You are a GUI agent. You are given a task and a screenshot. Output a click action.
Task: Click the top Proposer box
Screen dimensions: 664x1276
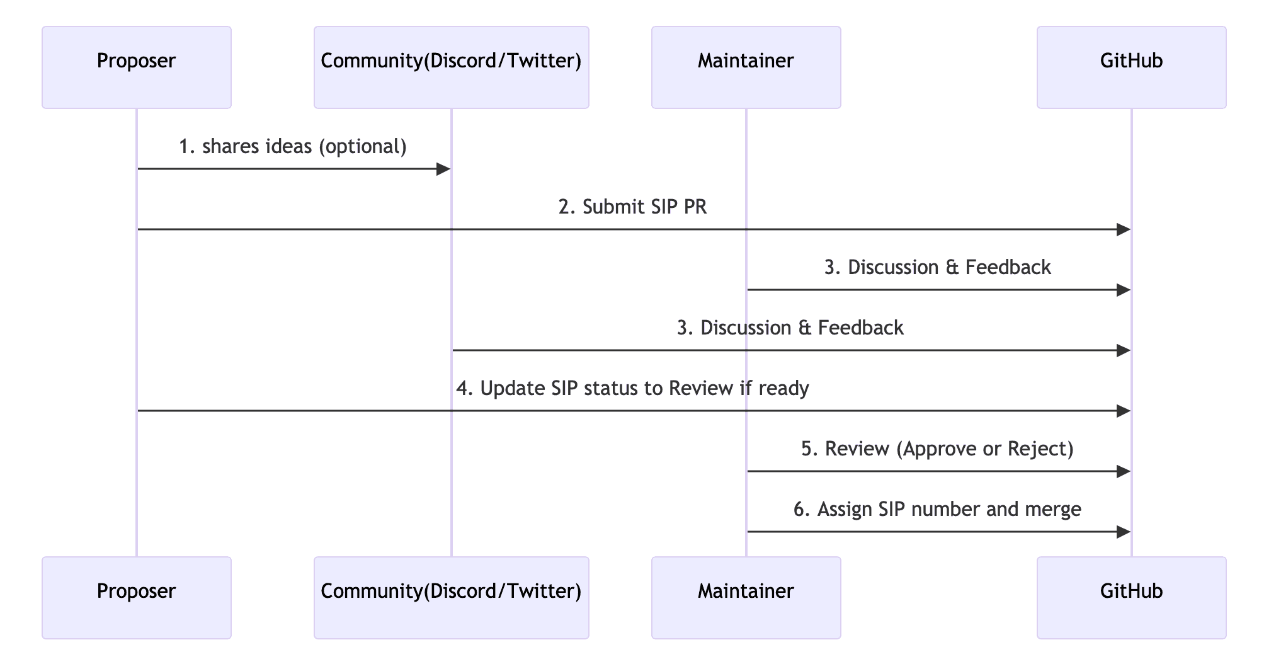pyautogui.click(x=136, y=67)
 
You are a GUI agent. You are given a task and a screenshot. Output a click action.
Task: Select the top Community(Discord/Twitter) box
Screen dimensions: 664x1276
pyautogui.click(x=451, y=67)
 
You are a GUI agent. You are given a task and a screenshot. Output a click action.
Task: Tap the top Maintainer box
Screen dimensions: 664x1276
pyautogui.click(x=746, y=67)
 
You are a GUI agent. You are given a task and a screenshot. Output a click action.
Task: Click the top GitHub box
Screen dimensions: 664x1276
pyautogui.click(x=1131, y=67)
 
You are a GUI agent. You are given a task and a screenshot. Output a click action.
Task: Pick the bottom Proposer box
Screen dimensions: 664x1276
pyautogui.click(x=136, y=597)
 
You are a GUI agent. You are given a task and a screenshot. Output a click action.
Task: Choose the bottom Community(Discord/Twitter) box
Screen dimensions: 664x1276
pyautogui.click(x=451, y=597)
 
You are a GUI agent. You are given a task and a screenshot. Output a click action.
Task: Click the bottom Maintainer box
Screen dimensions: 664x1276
pyautogui.click(x=746, y=597)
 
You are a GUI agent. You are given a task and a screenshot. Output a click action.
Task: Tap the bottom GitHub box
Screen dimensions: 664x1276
pyautogui.click(x=1131, y=597)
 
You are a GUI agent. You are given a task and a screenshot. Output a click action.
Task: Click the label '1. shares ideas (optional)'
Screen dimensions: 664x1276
pyautogui.click(x=293, y=147)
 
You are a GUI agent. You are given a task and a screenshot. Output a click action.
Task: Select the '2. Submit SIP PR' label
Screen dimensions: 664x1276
pyautogui.click(x=632, y=207)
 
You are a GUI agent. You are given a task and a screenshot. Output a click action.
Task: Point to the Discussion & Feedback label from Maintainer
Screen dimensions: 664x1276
pyautogui.click(x=937, y=268)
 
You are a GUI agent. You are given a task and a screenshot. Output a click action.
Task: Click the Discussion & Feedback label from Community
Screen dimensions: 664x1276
pyautogui.click(x=790, y=328)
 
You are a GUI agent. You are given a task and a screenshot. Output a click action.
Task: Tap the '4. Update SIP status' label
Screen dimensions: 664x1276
pyautogui.click(x=632, y=389)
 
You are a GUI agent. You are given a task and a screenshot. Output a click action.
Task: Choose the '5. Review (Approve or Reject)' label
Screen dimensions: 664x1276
pyautogui.click(x=937, y=449)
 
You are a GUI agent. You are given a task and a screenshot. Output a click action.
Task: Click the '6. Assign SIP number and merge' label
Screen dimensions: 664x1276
pyautogui.click(x=937, y=510)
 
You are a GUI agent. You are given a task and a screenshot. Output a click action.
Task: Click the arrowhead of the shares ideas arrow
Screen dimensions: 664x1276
pyautogui.click(x=444, y=169)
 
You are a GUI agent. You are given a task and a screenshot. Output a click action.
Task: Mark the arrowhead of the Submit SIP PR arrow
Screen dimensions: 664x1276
pyautogui.click(x=1124, y=229)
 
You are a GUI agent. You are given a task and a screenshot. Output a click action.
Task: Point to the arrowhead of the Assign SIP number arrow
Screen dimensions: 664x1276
pyautogui.click(x=1124, y=532)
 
